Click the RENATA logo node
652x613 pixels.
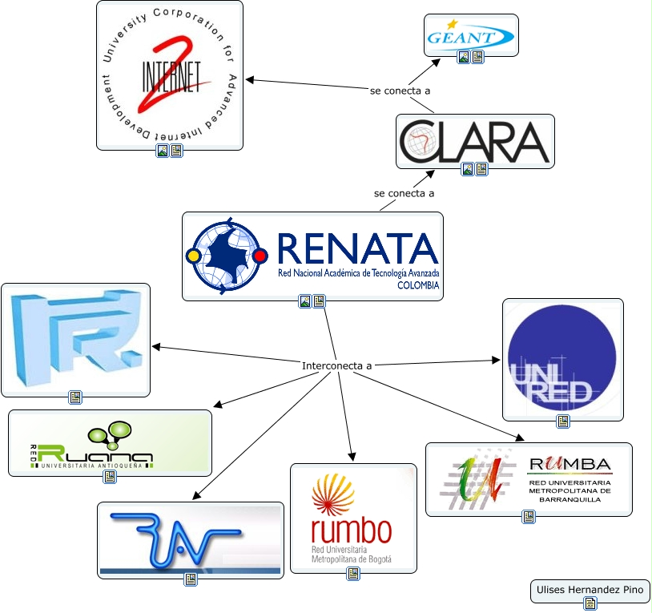coord(312,256)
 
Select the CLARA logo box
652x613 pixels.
coord(475,141)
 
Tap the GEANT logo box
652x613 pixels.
coord(471,35)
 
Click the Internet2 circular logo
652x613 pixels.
coord(170,75)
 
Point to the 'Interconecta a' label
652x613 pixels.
coord(337,366)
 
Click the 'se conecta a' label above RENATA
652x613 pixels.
coord(404,193)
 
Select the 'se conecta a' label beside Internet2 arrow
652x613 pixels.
coord(394,91)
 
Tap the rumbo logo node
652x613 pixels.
coord(353,517)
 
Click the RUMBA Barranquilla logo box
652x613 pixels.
coord(529,478)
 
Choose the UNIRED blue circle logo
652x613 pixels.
coord(562,359)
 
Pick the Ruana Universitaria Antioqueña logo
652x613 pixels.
coord(110,442)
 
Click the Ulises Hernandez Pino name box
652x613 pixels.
coord(590,591)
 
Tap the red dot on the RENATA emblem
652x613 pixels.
coord(260,256)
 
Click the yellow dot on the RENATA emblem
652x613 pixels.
coord(192,256)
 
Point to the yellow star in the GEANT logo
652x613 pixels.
coord(452,24)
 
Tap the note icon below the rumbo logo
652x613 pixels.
coord(353,574)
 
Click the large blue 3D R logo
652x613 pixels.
coord(75,339)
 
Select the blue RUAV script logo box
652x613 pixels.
coord(191,539)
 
